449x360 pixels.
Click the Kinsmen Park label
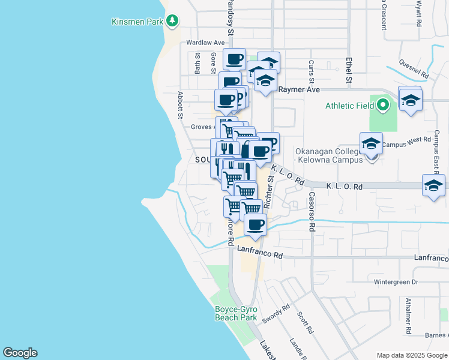[x=137, y=22]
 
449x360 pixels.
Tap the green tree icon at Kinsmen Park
[x=173, y=22]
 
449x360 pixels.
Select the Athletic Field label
[x=349, y=106]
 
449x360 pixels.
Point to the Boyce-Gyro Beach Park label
[x=236, y=313]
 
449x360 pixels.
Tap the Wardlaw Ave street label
[x=205, y=43]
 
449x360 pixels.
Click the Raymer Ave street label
[x=299, y=89]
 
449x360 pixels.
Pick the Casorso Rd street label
[x=312, y=212]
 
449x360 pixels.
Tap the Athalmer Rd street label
[x=408, y=316]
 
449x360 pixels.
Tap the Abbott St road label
[x=179, y=106]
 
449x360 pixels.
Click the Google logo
[x=20, y=353]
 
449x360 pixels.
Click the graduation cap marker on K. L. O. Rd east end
[x=433, y=185]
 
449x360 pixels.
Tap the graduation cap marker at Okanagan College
[x=371, y=144]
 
